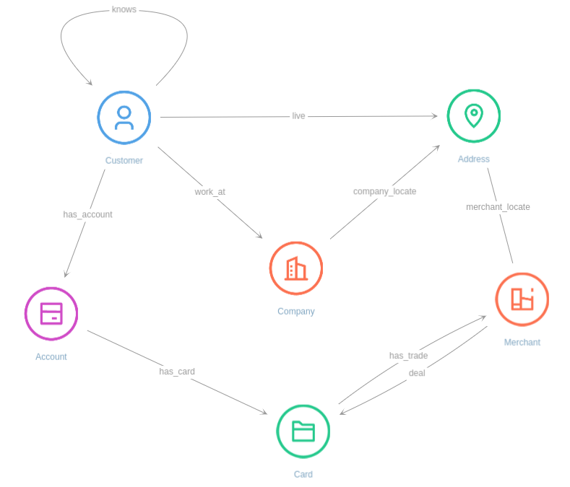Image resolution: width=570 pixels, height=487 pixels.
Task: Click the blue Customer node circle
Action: (124, 118)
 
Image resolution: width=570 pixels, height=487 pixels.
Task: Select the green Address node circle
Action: (473, 116)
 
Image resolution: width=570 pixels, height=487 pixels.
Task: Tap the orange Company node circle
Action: (296, 268)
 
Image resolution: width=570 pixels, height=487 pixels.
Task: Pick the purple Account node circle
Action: (51, 314)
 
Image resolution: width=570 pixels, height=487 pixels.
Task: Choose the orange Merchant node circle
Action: (522, 299)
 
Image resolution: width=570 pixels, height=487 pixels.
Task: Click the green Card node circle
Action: (303, 431)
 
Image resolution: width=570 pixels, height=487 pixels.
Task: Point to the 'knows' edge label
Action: (124, 9)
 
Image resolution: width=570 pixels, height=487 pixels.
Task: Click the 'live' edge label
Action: (298, 116)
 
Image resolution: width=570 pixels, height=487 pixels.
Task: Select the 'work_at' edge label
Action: (210, 192)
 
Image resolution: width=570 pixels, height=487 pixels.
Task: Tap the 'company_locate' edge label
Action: (384, 191)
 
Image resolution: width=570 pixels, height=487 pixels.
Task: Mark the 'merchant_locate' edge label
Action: (498, 207)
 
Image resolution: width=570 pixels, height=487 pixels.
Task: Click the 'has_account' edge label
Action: (87, 214)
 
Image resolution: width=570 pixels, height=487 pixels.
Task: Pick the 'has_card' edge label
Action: (177, 372)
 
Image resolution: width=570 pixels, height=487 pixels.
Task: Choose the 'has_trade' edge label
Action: (408, 356)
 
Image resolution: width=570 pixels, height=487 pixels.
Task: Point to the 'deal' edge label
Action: (417, 373)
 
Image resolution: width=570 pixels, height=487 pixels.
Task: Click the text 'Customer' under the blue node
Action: (124, 161)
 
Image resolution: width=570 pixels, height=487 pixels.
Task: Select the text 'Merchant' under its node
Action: (522, 342)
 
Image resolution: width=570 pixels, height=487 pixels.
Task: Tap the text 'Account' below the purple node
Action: (51, 356)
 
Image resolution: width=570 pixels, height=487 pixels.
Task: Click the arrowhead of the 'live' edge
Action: (435, 116)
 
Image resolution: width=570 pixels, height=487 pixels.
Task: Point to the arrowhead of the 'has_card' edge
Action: (264, 413)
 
